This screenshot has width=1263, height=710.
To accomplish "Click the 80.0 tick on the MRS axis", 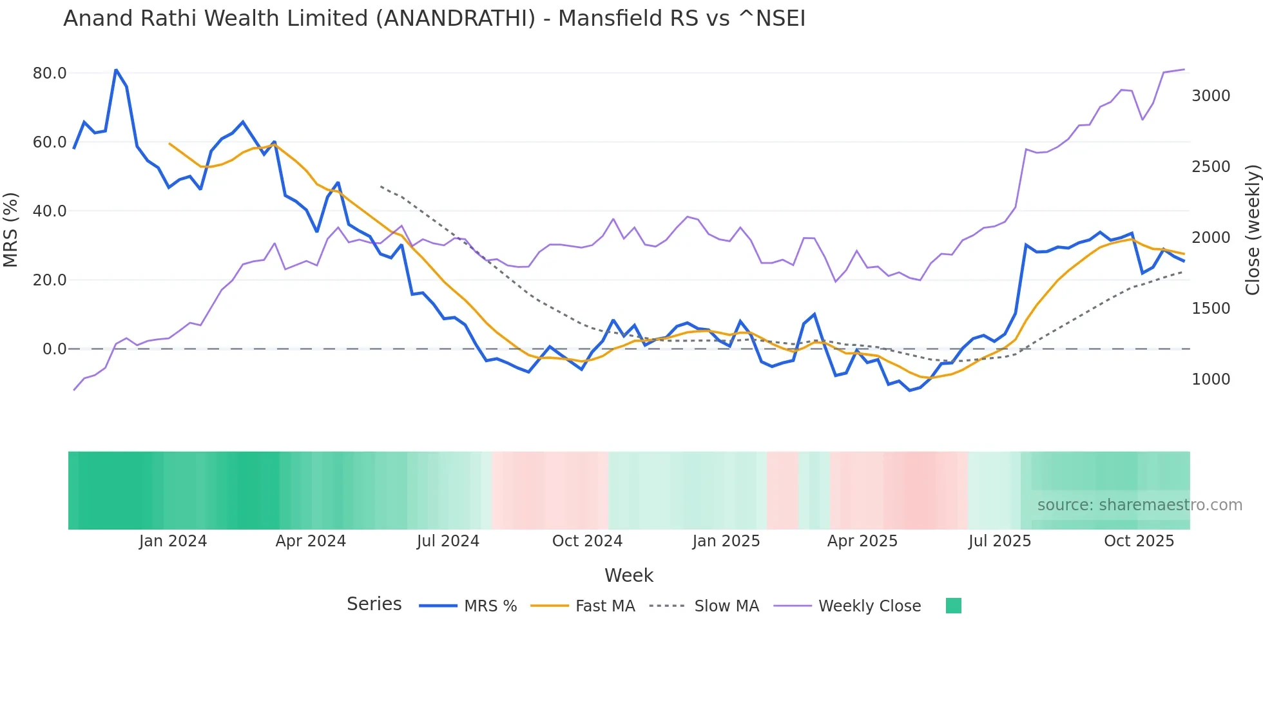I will tap(50, 73).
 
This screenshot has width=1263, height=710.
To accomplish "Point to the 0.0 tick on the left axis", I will tap(54, 349).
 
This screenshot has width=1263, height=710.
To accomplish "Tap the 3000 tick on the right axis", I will tap(1211, 96).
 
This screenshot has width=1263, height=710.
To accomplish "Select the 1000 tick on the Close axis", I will tap(1211, 379).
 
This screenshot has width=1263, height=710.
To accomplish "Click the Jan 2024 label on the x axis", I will tap(173, 541).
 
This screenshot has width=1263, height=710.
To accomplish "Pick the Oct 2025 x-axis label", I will tap(1139, 541).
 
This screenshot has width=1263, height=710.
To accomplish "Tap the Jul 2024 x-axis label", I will tap(448, 541).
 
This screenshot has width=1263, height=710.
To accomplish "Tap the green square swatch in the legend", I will tap(953, 606).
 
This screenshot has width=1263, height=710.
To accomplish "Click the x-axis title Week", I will tap(628, 575).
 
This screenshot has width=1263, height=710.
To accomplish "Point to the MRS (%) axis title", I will tap(10, 229).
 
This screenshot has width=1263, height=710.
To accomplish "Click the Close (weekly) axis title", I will tap(1252, 229).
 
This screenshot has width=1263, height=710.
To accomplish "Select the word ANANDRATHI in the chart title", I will tap(455, 19).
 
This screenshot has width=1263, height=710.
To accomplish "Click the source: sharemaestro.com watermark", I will tap(1139, 505).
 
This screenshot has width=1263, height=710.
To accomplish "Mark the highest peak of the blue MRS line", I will tap(116, 70).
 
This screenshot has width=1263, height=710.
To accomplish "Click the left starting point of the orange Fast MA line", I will tap(169, 144).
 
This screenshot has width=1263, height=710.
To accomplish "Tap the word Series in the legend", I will tap(374, 604).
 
